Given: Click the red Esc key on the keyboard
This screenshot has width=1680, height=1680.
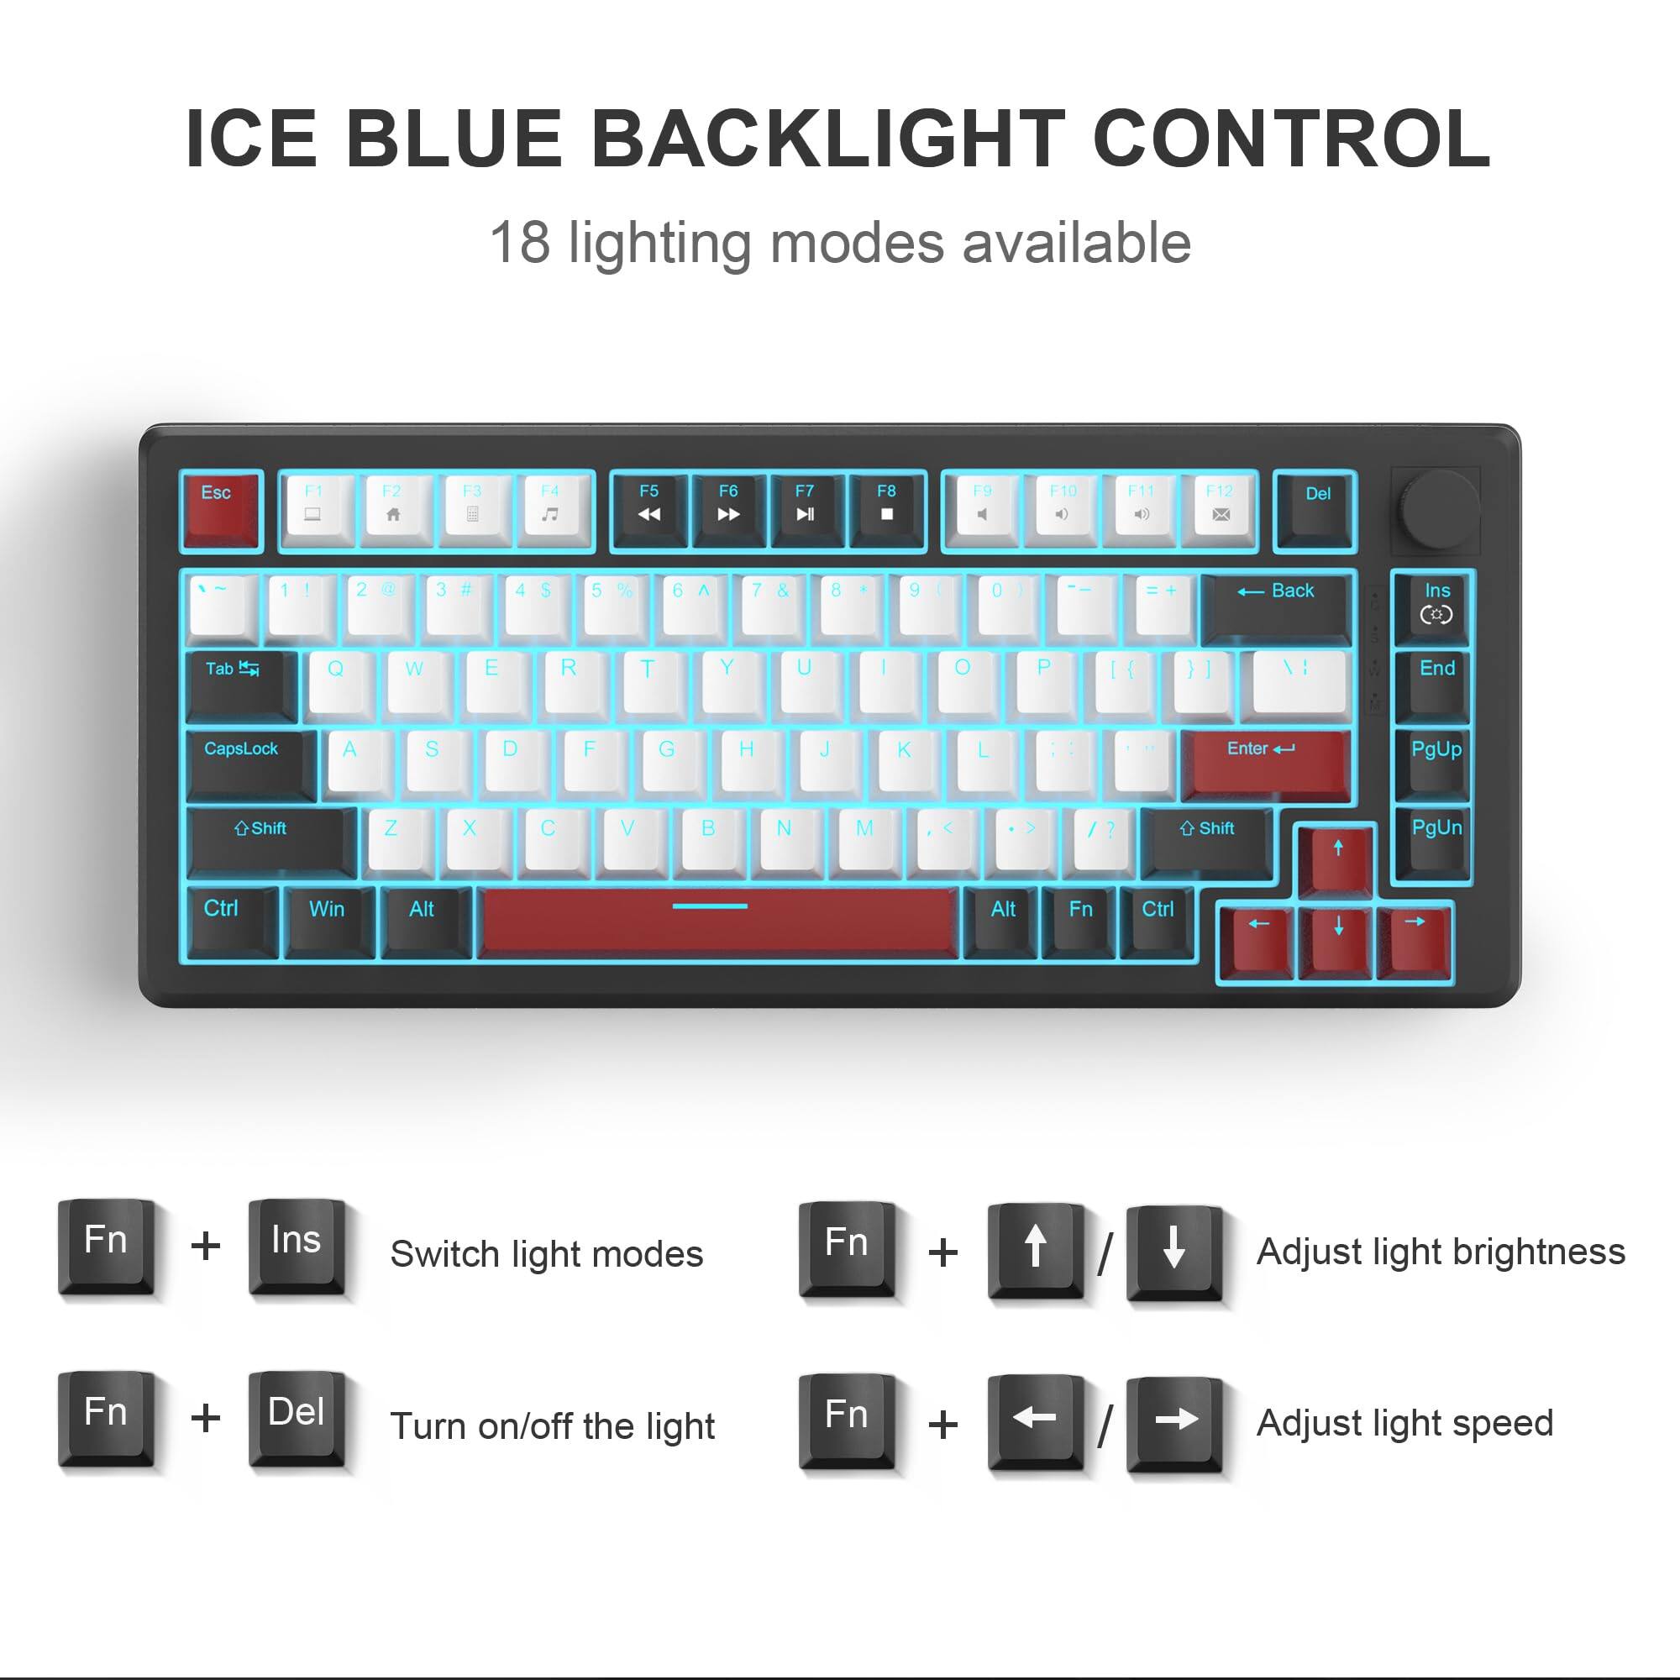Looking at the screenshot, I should [220, 510].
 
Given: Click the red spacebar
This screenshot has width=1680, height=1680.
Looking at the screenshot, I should [718, 921].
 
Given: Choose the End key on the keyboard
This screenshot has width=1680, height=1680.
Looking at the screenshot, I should [1436, 684].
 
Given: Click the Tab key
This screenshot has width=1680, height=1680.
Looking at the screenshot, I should [239, 684].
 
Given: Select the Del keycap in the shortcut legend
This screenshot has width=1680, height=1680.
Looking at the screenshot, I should [297, 1418].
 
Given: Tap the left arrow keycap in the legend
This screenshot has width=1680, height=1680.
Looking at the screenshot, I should [1035, 1420].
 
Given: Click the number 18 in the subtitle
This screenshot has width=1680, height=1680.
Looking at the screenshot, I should [520, 243].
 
